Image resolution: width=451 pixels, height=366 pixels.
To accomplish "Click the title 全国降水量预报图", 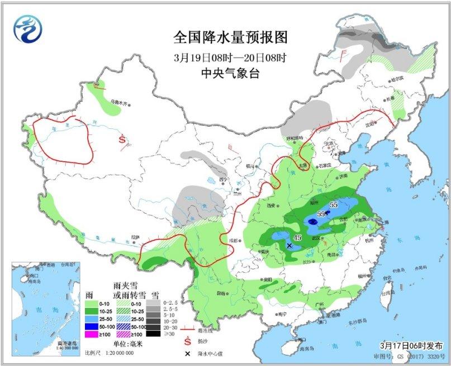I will coord(230,38).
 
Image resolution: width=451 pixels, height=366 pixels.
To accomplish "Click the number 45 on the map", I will coord(298,238).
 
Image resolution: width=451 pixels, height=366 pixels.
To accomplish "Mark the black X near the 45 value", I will coord(289,245).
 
